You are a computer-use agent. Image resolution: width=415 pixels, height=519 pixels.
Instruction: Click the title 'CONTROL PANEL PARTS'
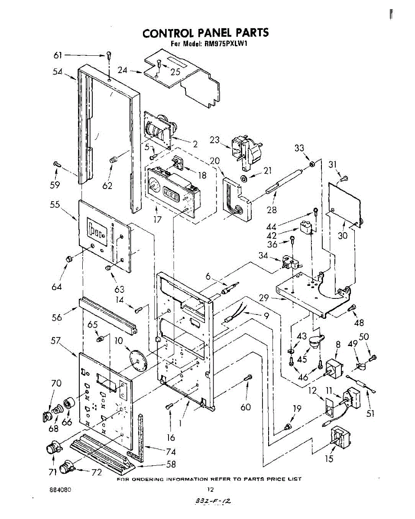tap(206, 33)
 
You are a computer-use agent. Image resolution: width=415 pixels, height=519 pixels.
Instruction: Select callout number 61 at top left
tap(58, 55)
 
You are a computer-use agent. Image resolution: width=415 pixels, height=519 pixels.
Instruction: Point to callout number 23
tap(215, 140)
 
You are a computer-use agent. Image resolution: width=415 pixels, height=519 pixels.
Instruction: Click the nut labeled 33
tap(312, 164)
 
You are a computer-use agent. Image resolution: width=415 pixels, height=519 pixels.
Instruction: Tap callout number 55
tap(55, 205)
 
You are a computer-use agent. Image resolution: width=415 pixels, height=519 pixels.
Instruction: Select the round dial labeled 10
tap(138, 359)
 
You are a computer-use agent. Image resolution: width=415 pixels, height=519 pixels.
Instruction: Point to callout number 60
tap(246, 407)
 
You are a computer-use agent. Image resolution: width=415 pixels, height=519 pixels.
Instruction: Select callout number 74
tap(171, 452)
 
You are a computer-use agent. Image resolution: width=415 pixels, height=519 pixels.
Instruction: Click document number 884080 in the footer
tap(60, 490)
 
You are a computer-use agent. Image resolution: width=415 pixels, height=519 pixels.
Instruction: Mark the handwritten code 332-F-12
tap(212, 501)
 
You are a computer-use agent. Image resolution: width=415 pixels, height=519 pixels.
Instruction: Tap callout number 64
tap(57, 287)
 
